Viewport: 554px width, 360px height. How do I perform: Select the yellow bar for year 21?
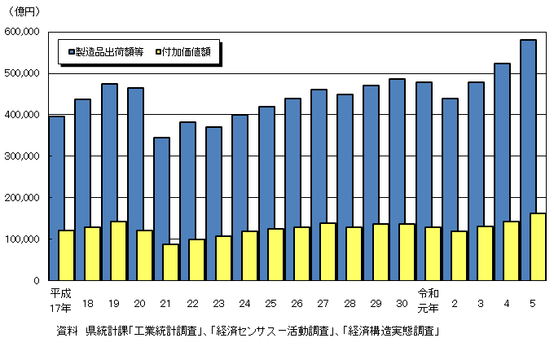pyautogui.click(x=170, y=261)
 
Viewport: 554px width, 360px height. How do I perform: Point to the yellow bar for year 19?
pyautogui.click(x=118, y=251)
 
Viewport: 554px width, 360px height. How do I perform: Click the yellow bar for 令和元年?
pyautogui.click(x=433, y=253)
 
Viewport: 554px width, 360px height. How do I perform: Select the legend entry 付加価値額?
pyautogui.click(x=193, y=51)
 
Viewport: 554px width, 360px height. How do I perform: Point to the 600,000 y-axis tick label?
pyautogui.click(x=24, y=32)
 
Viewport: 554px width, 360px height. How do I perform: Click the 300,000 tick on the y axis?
pyautogui.click(x=24, y=156)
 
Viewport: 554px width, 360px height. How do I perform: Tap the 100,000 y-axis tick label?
pyautogui.click(x=24, y=239)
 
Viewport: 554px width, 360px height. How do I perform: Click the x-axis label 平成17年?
pyautogui.click(x=61, y=299)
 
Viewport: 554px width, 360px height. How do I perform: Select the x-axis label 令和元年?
pyautogui.click(x=429, y=299)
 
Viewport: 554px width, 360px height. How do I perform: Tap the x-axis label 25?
pyautogui.click(x=270, y=304)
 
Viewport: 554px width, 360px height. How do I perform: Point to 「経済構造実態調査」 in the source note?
pyautogui.click(x=391, y=331)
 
